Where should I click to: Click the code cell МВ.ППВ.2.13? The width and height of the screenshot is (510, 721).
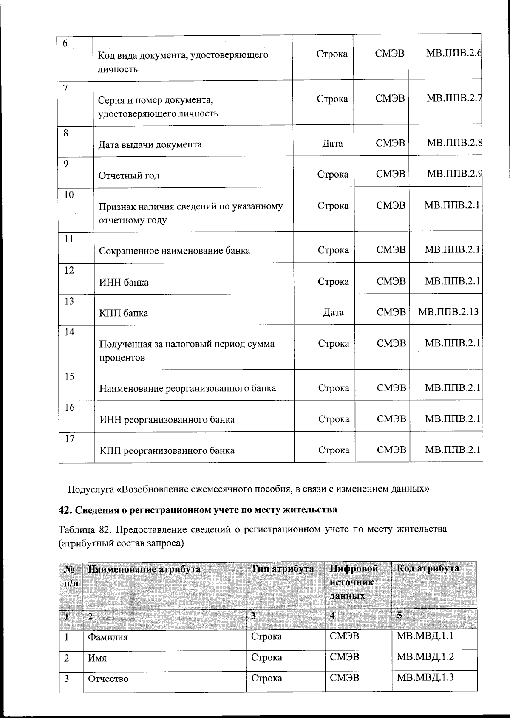pos(448,312)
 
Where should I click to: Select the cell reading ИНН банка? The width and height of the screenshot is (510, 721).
pos(124,282)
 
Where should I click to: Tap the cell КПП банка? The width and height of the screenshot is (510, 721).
pos(124,313)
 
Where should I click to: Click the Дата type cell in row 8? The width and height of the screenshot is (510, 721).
pos(332,144)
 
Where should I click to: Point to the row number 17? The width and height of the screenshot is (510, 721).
pos(70,439)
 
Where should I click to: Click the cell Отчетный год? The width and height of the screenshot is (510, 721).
pos(129,175)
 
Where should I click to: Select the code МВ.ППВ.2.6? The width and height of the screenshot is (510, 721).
pos(453,54)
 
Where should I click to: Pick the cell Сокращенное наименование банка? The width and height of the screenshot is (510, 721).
pos(174,250)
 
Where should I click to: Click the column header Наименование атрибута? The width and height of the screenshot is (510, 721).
pos(144,569)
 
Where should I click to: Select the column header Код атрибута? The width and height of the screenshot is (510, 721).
pos(428,568)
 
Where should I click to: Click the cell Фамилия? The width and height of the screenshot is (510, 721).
pos(108,637)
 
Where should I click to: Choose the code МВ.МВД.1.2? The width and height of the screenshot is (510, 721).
pos(425,656)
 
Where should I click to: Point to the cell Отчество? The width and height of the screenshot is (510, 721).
pos(108,679)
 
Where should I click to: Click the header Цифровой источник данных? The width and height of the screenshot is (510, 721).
pos(354,582)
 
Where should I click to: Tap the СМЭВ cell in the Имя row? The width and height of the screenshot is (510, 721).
pos(344,657)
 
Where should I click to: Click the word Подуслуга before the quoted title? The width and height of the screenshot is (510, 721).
pos(91,489)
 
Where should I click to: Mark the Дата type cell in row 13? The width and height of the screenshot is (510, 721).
pos(333,312)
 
